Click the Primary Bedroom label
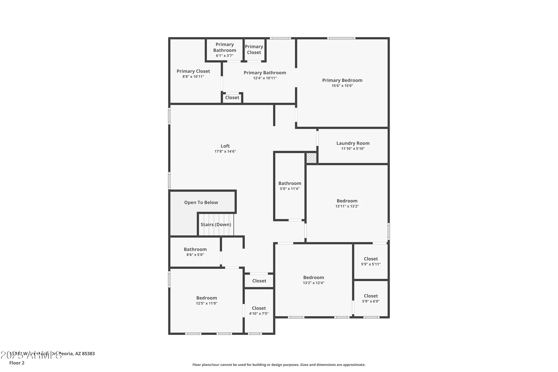(x=342, y=80)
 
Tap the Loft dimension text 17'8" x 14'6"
(x=225, y=152)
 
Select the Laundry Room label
(x=353, y=143)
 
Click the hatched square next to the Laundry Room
(x=311, y=158)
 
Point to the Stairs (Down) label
(x=216, y=225)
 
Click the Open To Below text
(x=201, y=203)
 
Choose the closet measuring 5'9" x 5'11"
(x=371, y=261)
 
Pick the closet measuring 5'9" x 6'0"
(x=371, y=298)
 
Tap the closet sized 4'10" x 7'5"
(x=259, y=311)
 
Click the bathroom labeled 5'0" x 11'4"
(x=290, y=186)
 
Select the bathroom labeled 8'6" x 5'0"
(x=195, y=252)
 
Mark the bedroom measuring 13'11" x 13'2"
(x=347, y=203)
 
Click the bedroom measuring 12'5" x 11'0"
(x=206, y=300)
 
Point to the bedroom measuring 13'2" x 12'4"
(x=313, y=280)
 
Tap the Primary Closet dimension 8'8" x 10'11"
(x=193, y=77)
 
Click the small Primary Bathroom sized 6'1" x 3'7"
(x=224, y=50)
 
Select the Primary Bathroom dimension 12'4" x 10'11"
(x=265, y=78)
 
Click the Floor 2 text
(x=17, y=363)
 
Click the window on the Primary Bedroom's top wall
(x=341, y=38)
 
